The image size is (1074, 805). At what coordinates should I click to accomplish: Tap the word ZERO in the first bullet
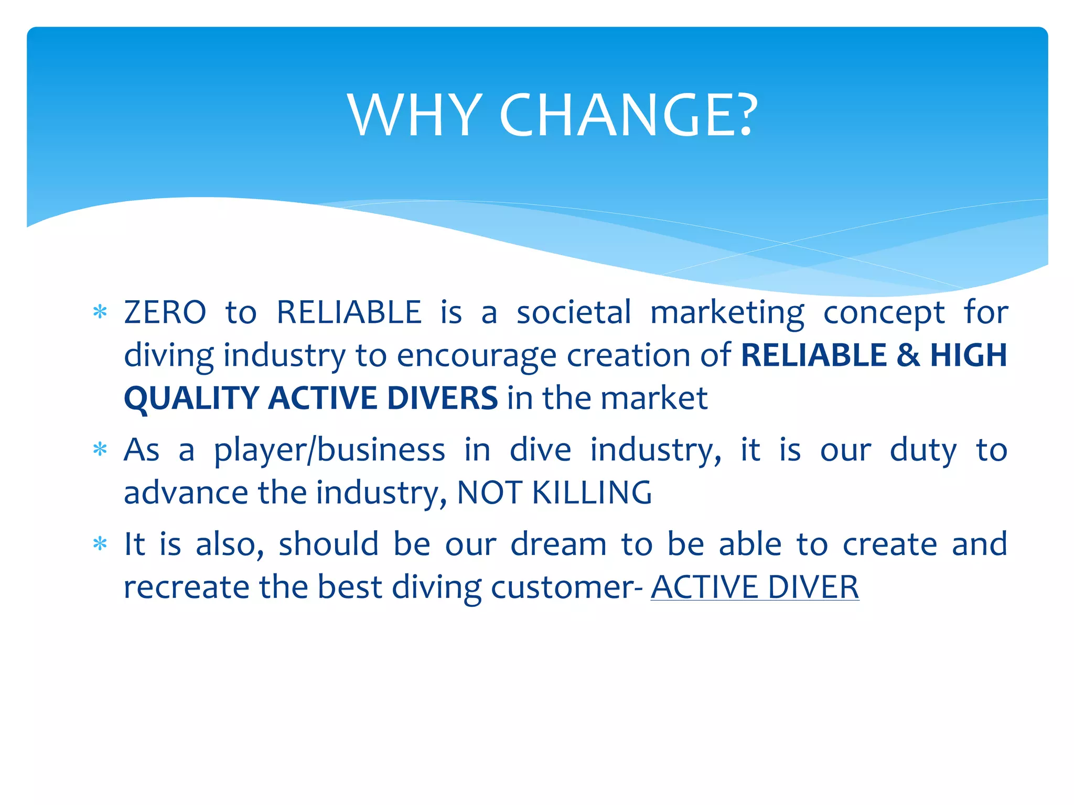point(165,313)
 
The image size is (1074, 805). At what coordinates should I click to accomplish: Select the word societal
point(574,313)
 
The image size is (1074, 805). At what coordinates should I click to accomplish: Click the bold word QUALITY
point(191,398)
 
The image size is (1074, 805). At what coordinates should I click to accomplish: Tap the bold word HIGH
point(969,355)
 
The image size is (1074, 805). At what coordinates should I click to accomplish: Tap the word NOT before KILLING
point(489,493)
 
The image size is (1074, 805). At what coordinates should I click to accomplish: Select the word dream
point(559,544)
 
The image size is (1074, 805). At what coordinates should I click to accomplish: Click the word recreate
point(186,587)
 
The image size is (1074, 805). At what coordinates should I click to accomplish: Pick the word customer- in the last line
point(566,587)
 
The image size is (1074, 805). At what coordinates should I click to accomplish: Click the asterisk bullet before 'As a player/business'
point(100,450)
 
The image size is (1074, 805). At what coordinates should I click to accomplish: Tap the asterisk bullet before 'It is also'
point(100,544)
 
